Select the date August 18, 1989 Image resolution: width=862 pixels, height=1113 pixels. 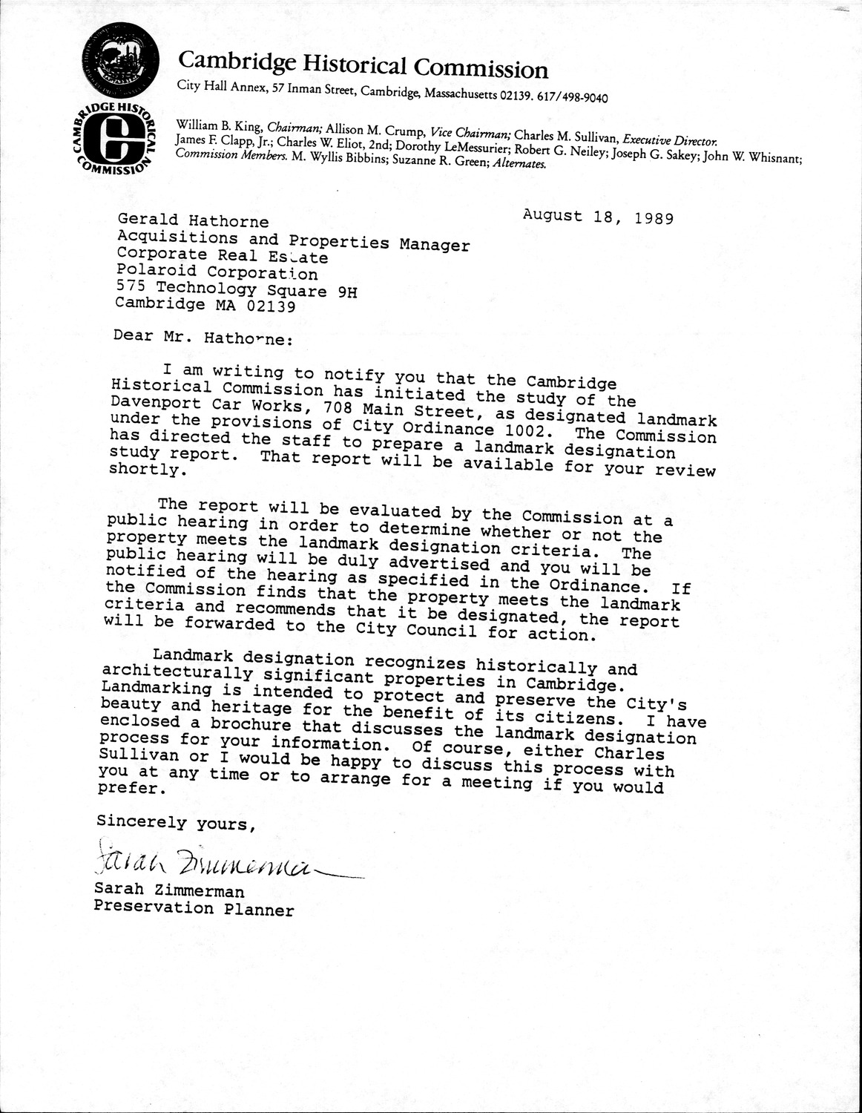tap(597, 217)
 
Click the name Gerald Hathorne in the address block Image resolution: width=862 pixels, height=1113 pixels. tap(192, 221)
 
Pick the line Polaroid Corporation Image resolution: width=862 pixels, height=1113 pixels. tap(217, 272)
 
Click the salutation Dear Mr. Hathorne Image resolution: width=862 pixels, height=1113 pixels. tap(203, 338)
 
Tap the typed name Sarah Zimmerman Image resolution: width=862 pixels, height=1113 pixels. tap(169, 891)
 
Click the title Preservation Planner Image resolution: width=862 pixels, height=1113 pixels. tap(194, 908)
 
